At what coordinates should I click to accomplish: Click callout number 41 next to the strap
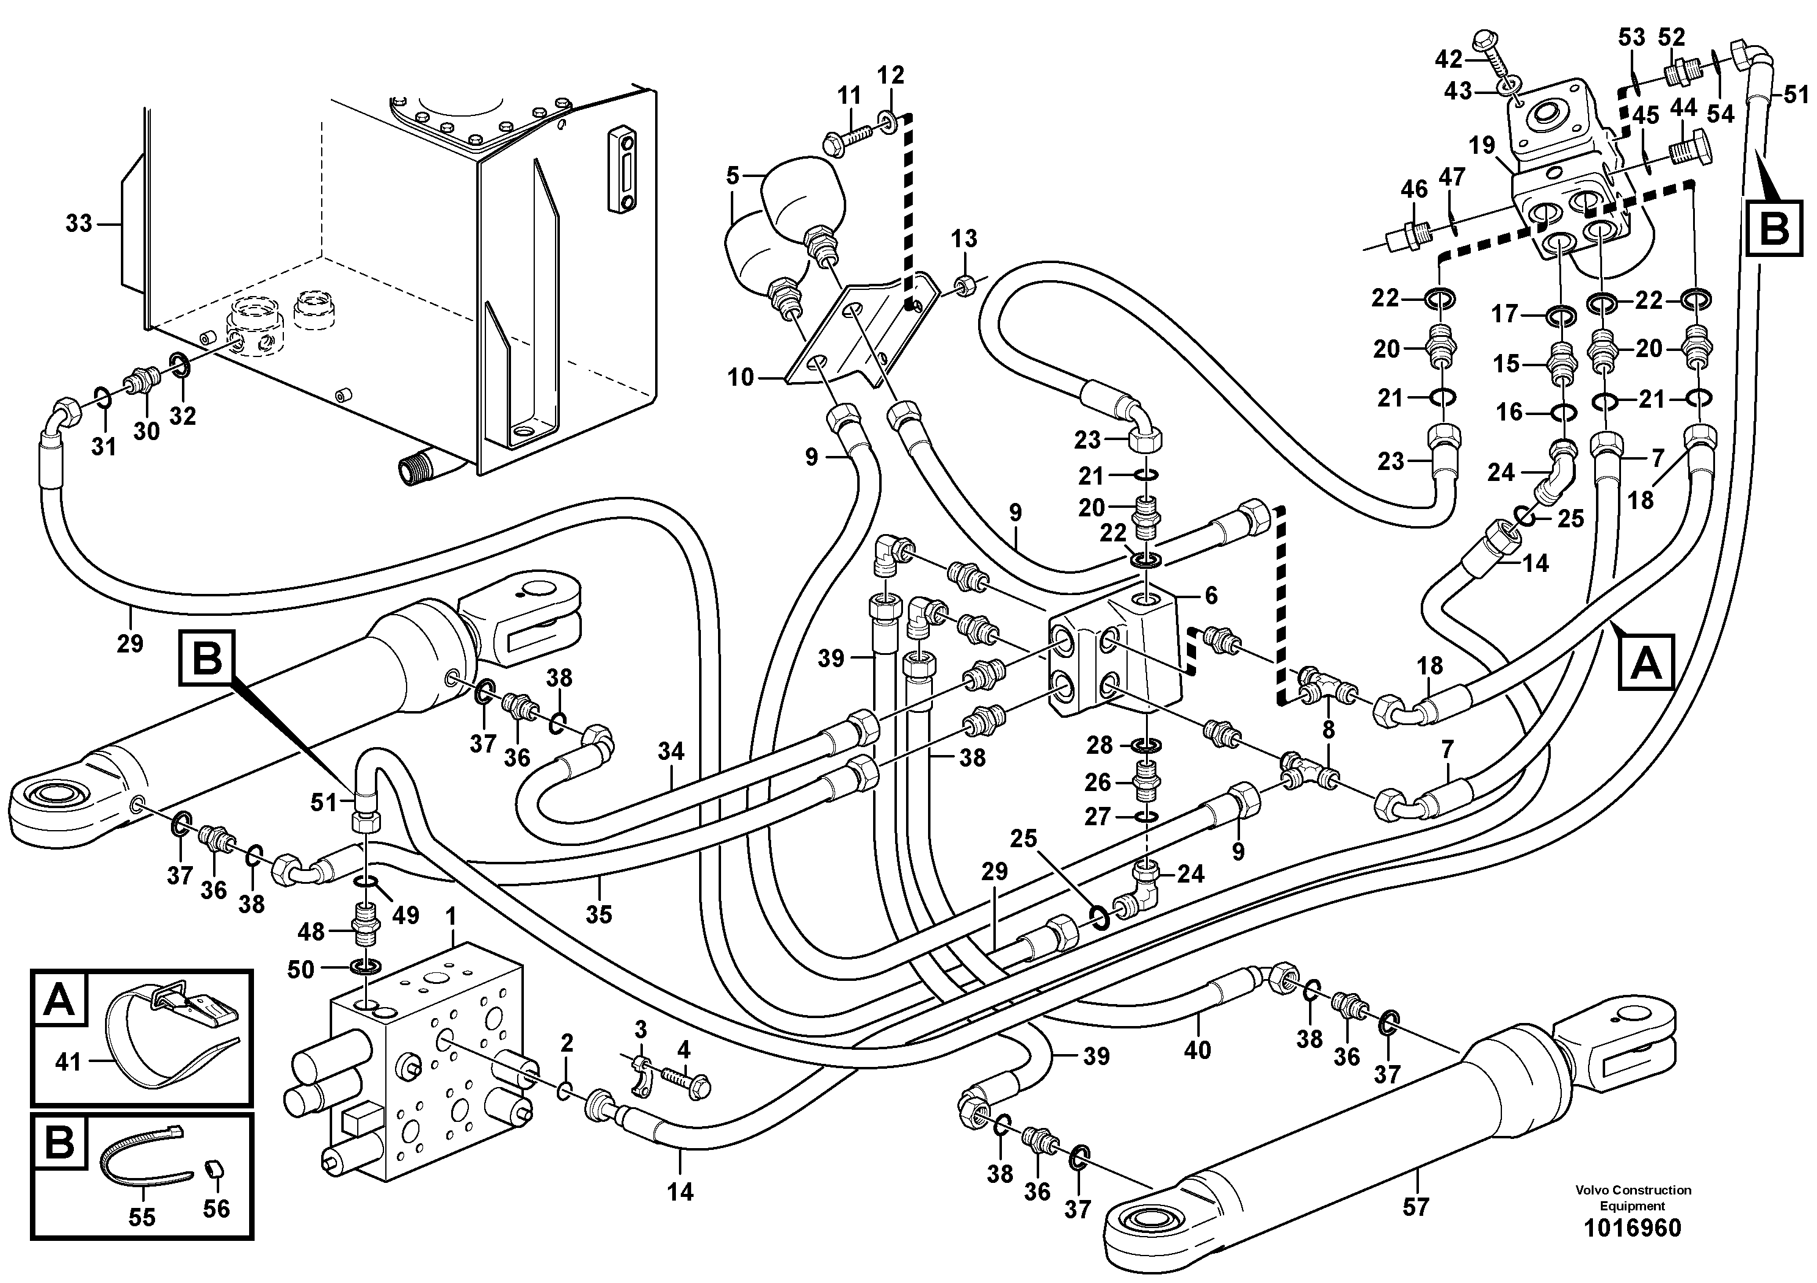68,1061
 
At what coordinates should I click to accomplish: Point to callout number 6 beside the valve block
1210,595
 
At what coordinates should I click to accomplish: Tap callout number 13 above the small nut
964,238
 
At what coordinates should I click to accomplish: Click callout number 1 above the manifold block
451,917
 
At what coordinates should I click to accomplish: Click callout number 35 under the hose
598,914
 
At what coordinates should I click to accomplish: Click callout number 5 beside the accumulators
732,176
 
